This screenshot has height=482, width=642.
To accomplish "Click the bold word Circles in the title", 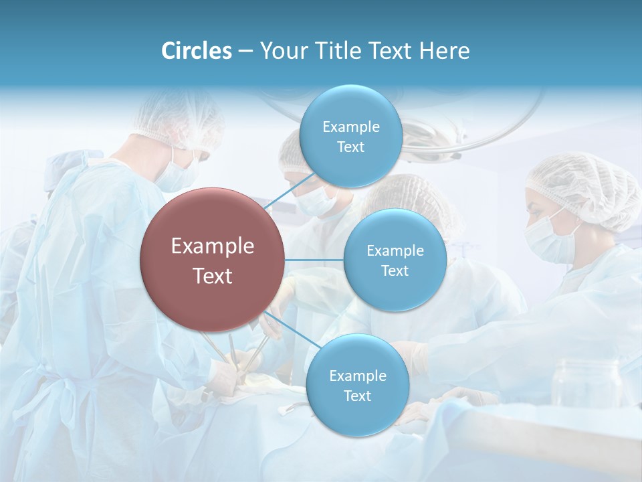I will click(197, 51).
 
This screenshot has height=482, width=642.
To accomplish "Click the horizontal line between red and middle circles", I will click(314, 260).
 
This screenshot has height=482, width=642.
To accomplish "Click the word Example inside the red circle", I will click(212, 246).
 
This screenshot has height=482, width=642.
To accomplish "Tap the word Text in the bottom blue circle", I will click(357, 396).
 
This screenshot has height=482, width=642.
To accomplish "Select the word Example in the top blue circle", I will click(350, 127).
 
